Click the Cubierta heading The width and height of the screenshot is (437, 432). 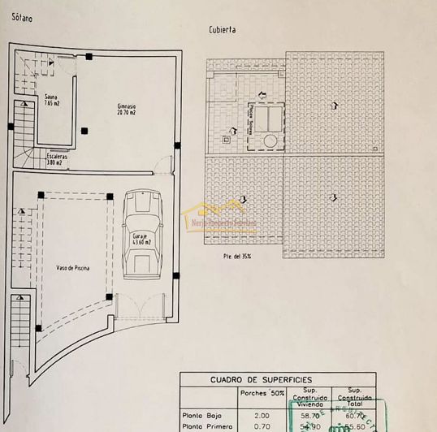[x=223, y=30]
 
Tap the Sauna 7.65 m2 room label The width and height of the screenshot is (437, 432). [x=50, y=101]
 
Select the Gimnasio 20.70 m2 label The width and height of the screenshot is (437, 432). [x=126, y=108]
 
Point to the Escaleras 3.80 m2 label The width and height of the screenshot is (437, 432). [x=57, y=158]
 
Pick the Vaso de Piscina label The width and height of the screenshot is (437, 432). [x=72, y=267]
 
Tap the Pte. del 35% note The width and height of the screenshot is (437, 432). [x=237, y=257]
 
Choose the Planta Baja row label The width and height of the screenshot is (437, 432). [x=201, y=413]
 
